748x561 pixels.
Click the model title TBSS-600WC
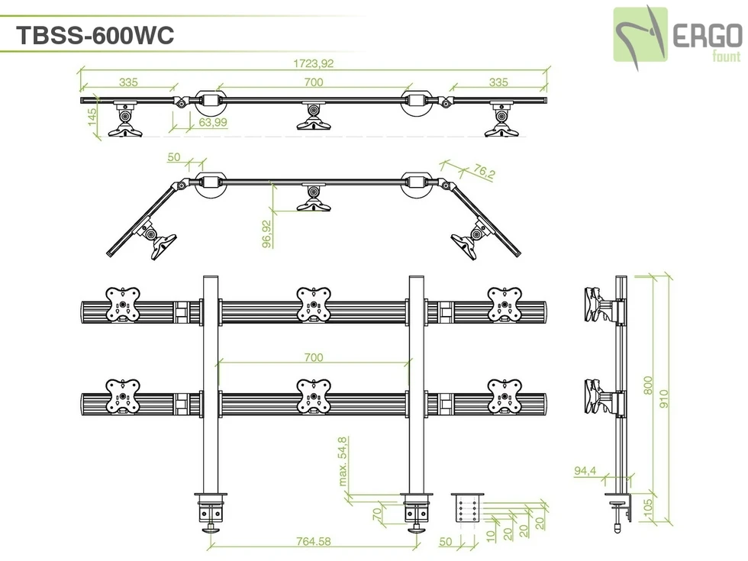pos(95,35)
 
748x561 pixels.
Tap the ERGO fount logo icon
pos(641,34)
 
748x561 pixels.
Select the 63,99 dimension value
pos(213,121)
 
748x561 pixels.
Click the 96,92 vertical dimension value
pos(266,234)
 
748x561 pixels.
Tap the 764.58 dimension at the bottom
pos(313,542)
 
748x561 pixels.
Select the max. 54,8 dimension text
pos(343,460)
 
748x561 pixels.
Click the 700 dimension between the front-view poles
pos(314,357)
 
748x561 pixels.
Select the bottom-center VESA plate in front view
pos(313,397)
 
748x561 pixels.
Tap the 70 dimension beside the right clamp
pos(377,513)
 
